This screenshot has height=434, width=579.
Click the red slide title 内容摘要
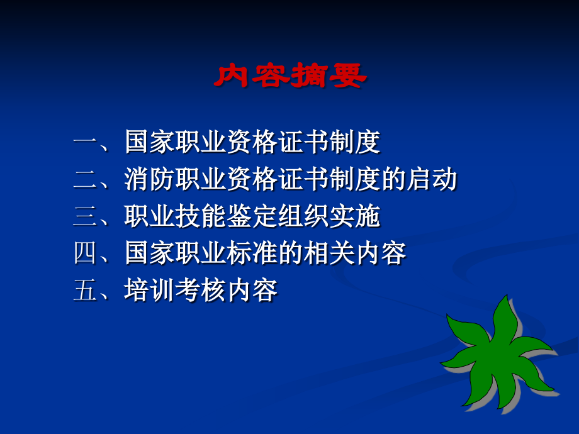(290, 75)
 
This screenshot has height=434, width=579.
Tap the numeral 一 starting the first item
(86, 142)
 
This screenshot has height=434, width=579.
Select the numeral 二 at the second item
(86, 179)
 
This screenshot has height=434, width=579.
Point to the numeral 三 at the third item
(86, 216)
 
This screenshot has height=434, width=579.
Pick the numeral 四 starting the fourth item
(86, 253)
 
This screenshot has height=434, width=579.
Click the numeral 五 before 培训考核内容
(86, 290)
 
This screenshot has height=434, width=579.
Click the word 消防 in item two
(149, 179)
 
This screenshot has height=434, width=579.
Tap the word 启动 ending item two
(432, 179)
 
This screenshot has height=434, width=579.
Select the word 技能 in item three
(200, 216)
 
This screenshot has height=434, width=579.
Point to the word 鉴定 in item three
(252, 216)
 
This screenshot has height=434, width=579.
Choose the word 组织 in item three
(303, 216)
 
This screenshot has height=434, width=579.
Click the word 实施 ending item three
(354, 216)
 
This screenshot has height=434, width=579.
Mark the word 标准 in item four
(252, 253)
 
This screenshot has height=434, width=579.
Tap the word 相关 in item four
(329, 253)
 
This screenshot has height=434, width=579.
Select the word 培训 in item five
(149, 290)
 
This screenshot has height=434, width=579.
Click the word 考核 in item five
(200, 290)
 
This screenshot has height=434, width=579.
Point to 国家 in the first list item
(149, 142)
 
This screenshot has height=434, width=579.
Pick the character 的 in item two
(393, 179)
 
